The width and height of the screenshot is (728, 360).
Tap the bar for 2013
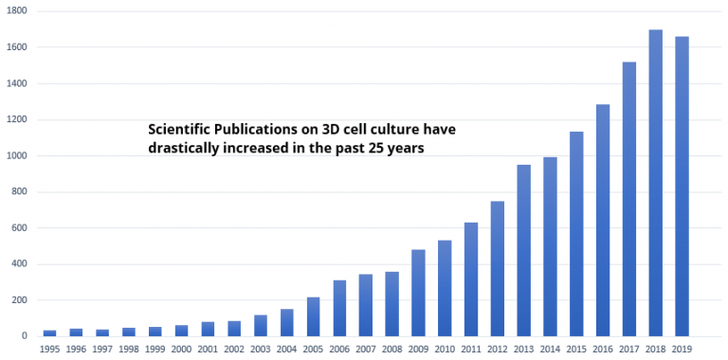pos(524,250)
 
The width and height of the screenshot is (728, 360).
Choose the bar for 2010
pos(445,288)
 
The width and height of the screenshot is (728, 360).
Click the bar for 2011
pos(471,279)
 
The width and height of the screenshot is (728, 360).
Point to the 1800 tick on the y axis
pos(15,10)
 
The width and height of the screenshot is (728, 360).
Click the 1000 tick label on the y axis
pos(15,155)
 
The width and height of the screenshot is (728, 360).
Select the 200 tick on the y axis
pos(18,300)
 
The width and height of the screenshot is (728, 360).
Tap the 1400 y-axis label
pos(15,83)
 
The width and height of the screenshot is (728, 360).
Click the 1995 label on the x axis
pos(49,350)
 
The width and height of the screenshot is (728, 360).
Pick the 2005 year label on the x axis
pos(313,350)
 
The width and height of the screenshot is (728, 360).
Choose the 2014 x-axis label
pos(551,350)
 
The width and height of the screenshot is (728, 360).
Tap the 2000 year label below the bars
pos(181,350)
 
